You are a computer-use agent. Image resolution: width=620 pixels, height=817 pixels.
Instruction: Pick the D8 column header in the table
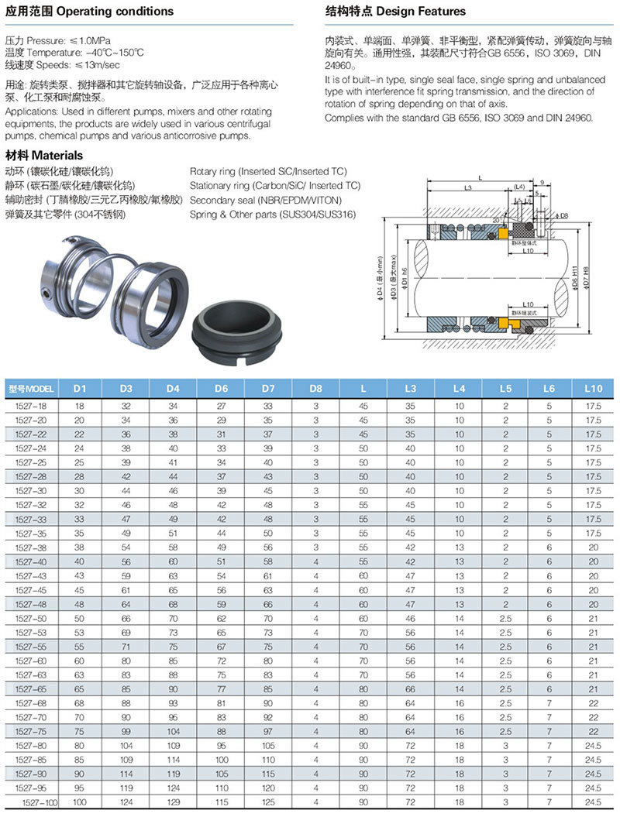click(315, 387)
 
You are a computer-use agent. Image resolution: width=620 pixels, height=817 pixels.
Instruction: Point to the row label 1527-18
click(31, 406)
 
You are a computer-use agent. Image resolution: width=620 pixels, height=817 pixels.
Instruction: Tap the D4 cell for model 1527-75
click(173, 730)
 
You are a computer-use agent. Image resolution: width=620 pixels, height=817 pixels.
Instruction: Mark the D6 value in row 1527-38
click(221, 548)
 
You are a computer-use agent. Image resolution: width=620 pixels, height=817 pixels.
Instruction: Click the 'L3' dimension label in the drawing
click(467, 188)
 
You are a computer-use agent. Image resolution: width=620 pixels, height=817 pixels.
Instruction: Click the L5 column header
click(505, 387)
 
